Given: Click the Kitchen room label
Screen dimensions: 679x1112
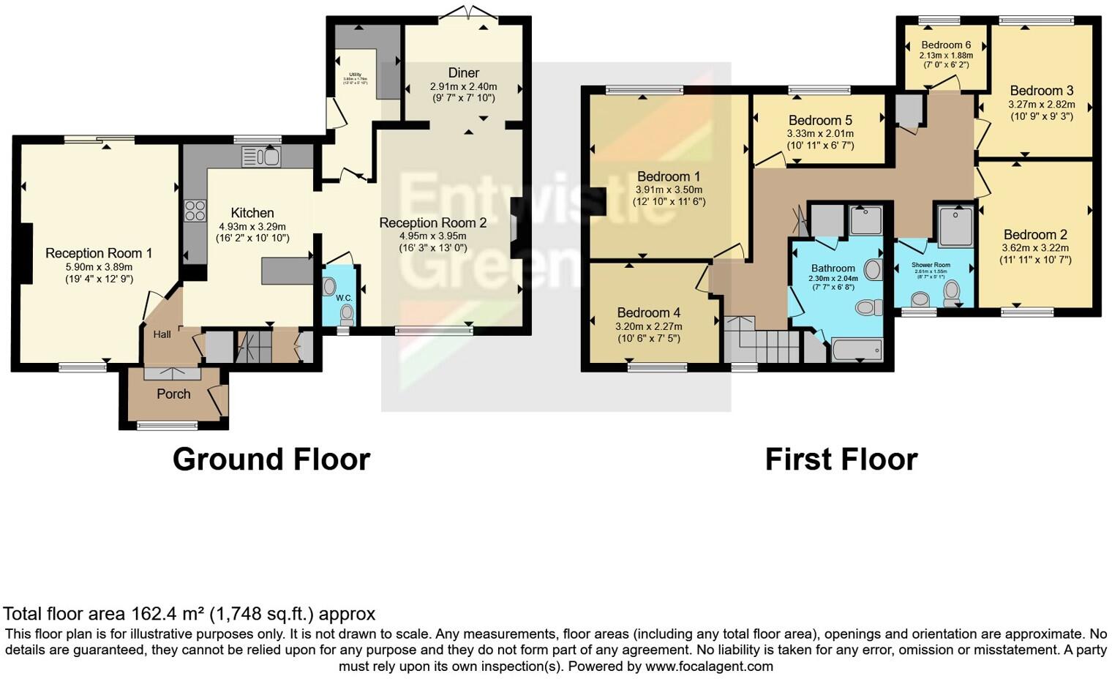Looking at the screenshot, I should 252,213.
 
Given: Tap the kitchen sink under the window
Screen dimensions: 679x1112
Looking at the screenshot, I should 260,157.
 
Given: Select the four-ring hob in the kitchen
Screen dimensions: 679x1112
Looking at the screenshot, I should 195,211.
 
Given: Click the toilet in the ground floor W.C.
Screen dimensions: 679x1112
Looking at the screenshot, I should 347,314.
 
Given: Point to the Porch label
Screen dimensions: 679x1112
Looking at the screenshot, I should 173,394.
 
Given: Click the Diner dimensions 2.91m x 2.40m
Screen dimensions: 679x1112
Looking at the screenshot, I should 463,86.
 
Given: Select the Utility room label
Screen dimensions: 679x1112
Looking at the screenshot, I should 356,75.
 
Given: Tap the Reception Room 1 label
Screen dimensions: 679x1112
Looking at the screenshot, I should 99,253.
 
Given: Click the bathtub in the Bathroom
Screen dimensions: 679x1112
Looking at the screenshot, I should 857,350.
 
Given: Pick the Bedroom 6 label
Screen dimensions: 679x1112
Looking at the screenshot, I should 946,45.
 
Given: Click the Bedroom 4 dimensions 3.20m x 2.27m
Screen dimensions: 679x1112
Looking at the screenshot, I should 648,326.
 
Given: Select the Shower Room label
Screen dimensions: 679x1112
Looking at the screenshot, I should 931,265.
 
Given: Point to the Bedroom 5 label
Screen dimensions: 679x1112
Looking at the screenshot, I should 820,120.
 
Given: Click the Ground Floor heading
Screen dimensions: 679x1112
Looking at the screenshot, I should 271,459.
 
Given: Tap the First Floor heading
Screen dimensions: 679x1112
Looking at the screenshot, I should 841,459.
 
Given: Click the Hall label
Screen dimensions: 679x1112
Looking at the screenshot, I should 162,334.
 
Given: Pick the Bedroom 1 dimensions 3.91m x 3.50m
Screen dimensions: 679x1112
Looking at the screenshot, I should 669,190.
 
